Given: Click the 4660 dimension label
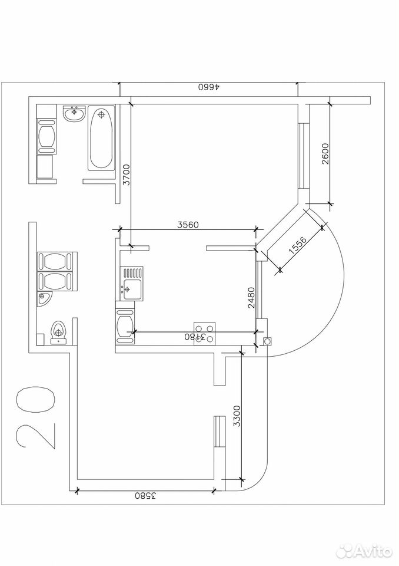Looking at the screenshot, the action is (210, 87).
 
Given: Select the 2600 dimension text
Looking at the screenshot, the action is (325, 154).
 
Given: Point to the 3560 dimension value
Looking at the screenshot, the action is (188, 225).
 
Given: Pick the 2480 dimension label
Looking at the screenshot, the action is (251, 297).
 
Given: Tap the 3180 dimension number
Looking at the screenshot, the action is (195, 337).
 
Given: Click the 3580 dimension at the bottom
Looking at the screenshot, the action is (145, 496).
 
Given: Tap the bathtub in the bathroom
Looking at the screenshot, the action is (101, 139).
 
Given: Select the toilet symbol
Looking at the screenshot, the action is (58, 332).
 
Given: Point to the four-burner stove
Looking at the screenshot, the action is (205, 334).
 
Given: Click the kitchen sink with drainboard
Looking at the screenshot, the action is (133, 284).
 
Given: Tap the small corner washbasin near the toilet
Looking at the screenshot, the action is (44, 298).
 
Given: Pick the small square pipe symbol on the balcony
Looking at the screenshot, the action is (267, 341).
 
